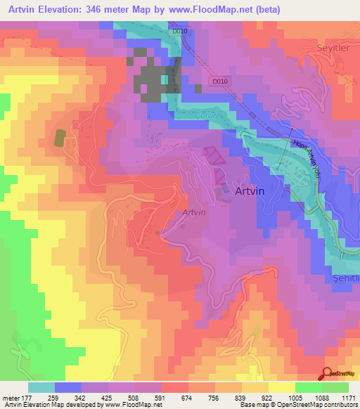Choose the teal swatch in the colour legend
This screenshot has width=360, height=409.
[x=41, y=387]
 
